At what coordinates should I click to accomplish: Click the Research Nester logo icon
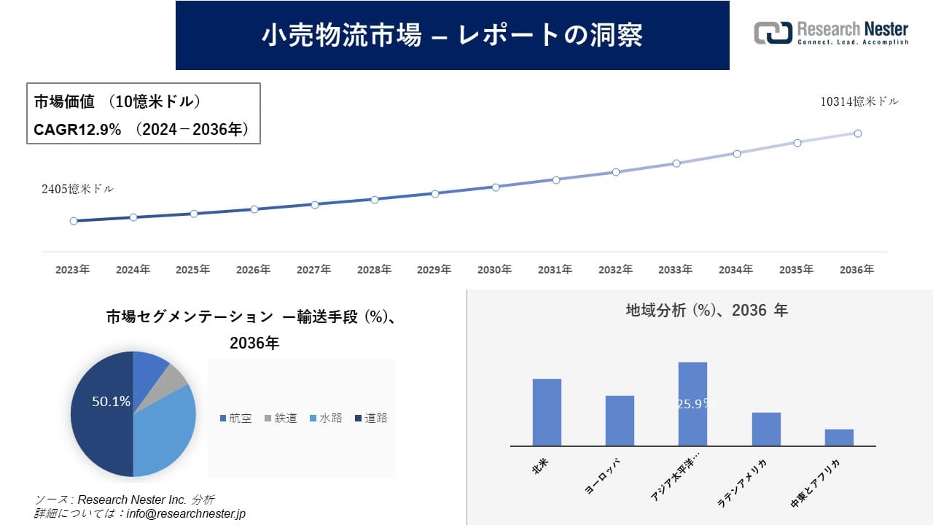coord(772,33)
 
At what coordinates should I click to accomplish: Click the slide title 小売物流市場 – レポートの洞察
coord(452,35)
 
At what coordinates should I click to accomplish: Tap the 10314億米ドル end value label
coord(859,102)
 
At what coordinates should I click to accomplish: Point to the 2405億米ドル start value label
coord(77,189)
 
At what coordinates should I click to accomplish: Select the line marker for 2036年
coord(858,133)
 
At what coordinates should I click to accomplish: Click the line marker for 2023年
coord(74,221)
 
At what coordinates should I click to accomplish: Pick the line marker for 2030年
coord(496,187)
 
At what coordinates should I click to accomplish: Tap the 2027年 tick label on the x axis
coord(313,270)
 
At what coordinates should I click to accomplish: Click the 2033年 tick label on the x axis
coord(676,270)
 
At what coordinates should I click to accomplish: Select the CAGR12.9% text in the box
coord(77,130)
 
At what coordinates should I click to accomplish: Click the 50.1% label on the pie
coord(111,401)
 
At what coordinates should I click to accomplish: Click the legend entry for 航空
coord(235,419)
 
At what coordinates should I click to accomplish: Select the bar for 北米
coord(547,412)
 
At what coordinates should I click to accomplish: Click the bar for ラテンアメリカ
coord(766,429)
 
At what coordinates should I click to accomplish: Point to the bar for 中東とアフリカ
coord(839,437)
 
